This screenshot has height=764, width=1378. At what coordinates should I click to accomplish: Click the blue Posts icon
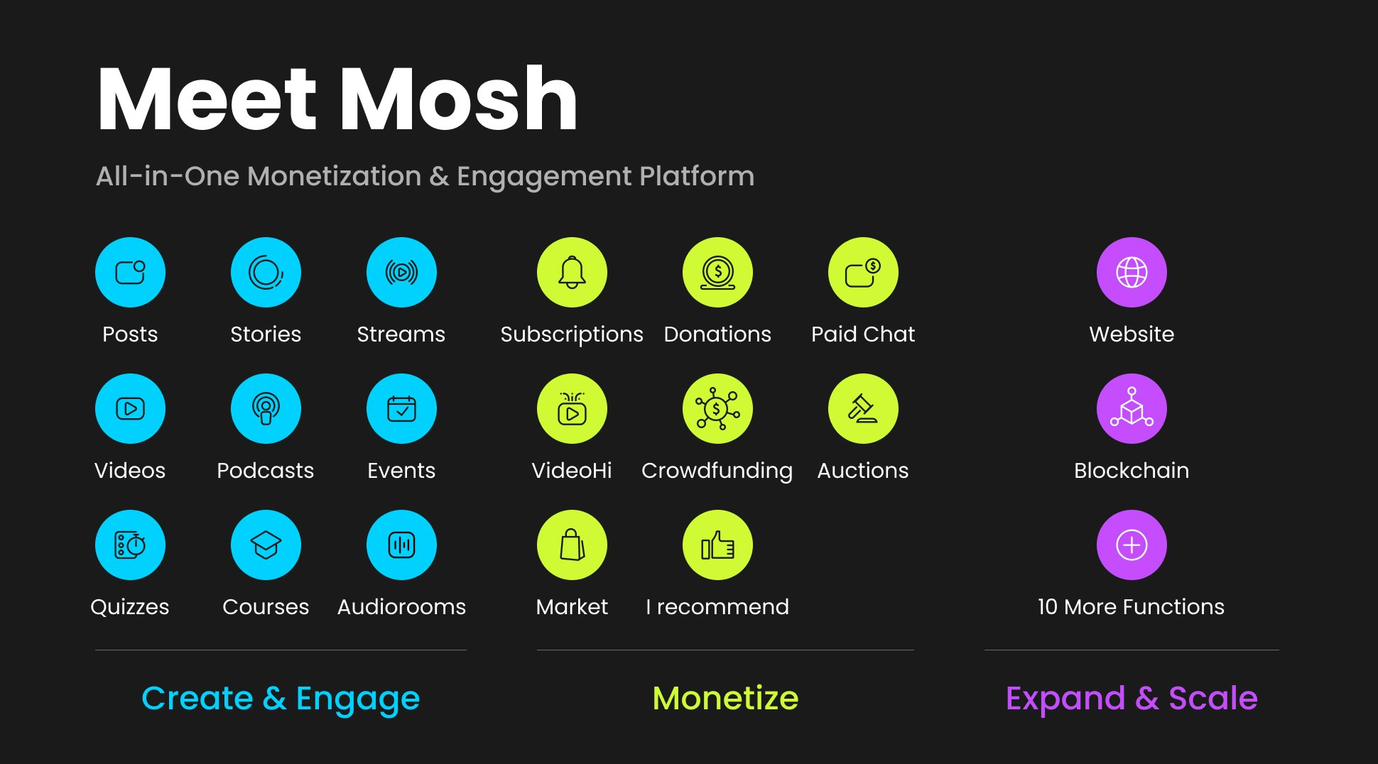pos(130,273)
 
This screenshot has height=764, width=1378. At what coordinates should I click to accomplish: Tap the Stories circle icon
pos(266,273)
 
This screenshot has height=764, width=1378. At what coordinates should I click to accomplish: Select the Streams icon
pos(401,273)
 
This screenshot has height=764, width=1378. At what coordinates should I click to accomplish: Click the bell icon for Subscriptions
pos(572,273)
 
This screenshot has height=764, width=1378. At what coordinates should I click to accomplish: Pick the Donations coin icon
pos(717,273)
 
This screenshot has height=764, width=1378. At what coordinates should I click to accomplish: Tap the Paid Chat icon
pos(863,273)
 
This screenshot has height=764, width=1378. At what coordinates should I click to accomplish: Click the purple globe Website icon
pos(1132,273)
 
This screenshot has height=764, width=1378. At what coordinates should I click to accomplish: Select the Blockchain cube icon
pos(1132,409)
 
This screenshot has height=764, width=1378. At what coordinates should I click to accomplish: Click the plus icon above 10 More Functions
pos(1132,545)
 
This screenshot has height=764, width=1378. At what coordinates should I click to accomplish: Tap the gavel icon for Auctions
pos(863,409)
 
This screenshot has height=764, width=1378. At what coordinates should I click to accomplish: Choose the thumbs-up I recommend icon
pos(717,545)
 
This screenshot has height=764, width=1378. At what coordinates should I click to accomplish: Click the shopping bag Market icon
pos(572,545)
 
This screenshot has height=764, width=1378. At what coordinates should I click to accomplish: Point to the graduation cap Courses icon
pos(266,545)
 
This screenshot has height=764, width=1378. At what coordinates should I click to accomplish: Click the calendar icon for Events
pos(401,409)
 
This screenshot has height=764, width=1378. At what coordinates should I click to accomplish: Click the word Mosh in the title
pos(459,99)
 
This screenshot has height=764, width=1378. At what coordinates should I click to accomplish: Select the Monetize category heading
pos(725,698)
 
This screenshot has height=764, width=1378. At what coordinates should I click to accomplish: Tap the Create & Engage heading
pos(281,698)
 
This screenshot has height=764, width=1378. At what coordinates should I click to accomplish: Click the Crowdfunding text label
pos(717,471)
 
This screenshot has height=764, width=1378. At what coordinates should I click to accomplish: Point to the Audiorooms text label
pos(401,607)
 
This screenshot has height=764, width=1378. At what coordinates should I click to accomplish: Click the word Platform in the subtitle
pos(696,176)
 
